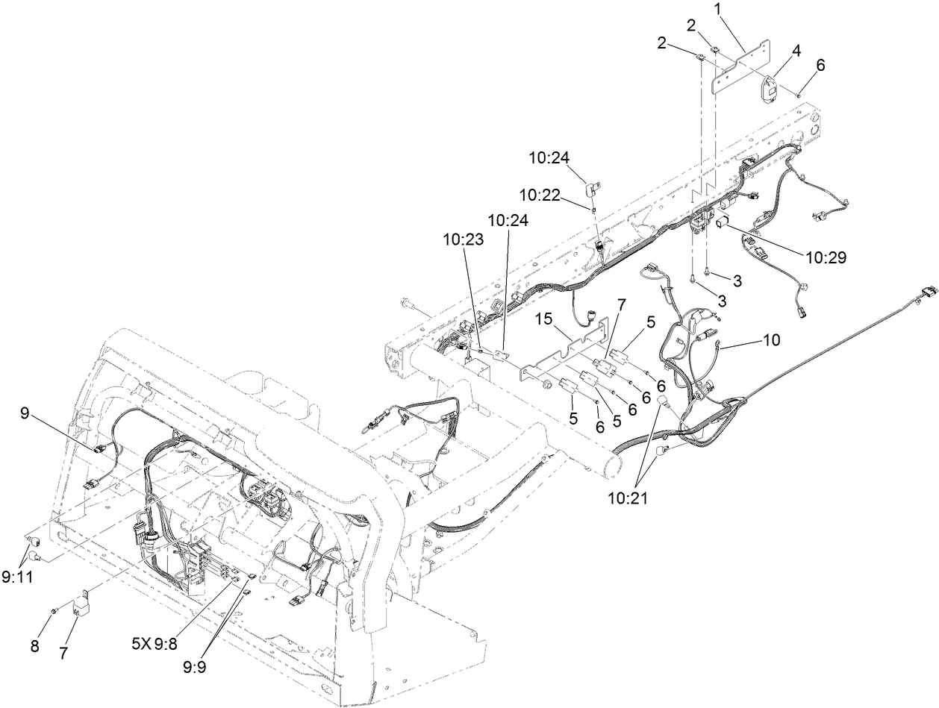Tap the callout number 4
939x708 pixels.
[x=797, y=51]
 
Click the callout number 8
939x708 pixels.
[x=34, y=646]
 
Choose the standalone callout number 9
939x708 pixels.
[x=25, y=413]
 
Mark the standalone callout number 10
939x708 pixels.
[x=771, y=340]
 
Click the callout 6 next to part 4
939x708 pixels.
[x=820, y=65]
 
